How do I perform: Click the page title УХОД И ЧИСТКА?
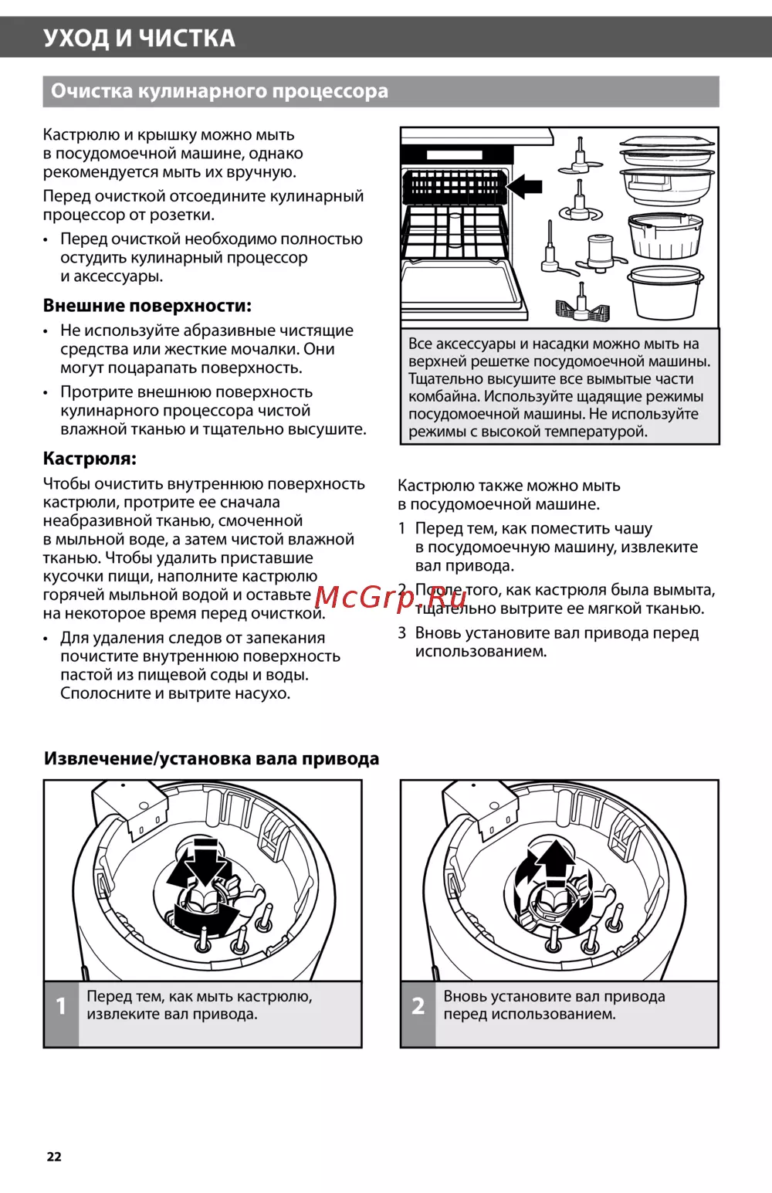click(139, 38)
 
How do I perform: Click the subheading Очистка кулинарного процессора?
click(219, 91)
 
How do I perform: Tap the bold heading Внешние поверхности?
click(147, 306)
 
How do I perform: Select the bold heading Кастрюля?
click(90, 459)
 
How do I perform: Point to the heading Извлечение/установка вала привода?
click(211, 758)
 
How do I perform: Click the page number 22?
click(54, 1156)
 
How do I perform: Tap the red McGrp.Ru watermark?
click(391, 597)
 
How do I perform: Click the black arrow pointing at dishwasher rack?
click(524, 186)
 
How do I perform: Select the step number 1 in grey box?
click(61, 1005)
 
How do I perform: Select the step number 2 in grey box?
click(418, 1005)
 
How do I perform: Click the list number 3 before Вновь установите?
click(401, 633)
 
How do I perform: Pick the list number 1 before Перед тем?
click(401, 529)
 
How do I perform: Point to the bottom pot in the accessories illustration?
click(665, 293)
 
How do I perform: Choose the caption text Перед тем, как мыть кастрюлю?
click(199, 997)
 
